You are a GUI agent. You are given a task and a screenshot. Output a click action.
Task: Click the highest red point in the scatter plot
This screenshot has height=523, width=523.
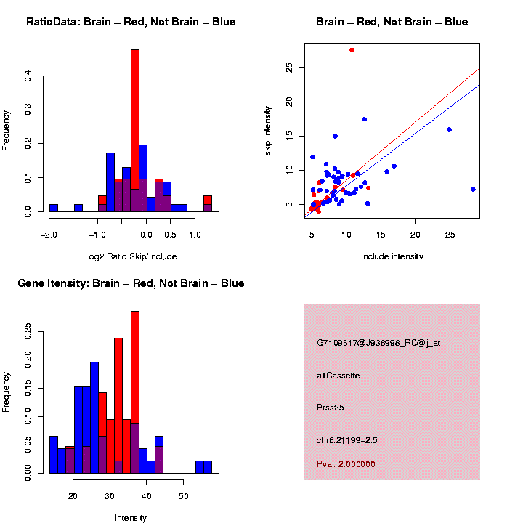pos(352,49)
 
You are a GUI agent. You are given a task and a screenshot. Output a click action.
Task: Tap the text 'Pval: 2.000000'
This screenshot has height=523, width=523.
pos(346,464)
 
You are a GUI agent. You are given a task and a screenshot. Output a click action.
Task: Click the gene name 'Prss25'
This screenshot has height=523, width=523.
pos(331,408)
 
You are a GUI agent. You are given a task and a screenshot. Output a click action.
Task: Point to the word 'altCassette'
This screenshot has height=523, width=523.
pos(338,376)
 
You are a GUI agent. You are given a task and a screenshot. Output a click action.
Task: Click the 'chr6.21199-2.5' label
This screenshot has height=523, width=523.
pos(347,440)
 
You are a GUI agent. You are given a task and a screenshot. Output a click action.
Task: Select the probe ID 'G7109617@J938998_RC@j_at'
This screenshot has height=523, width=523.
pos(378,343)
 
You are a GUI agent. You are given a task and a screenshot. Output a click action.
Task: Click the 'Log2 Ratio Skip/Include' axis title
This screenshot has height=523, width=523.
pos(131,256)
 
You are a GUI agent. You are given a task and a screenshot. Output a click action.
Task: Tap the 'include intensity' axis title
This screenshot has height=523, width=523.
pos(392,256)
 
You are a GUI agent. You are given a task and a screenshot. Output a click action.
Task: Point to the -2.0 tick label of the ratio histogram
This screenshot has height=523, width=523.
pos(49,235)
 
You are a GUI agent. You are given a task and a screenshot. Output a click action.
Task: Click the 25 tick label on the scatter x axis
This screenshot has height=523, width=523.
pos(450,235)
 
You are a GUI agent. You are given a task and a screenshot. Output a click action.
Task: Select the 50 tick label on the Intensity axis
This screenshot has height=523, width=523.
pos(185,497)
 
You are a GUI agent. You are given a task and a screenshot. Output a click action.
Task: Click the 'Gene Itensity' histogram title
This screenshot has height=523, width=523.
pos(131,283)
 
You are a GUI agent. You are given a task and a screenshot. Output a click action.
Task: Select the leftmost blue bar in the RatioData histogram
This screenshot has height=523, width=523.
pos(54,208)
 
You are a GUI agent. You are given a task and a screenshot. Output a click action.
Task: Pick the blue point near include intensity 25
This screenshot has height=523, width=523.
pos(450,129)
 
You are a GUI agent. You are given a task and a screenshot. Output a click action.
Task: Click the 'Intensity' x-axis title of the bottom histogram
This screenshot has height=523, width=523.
pos(131,518)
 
